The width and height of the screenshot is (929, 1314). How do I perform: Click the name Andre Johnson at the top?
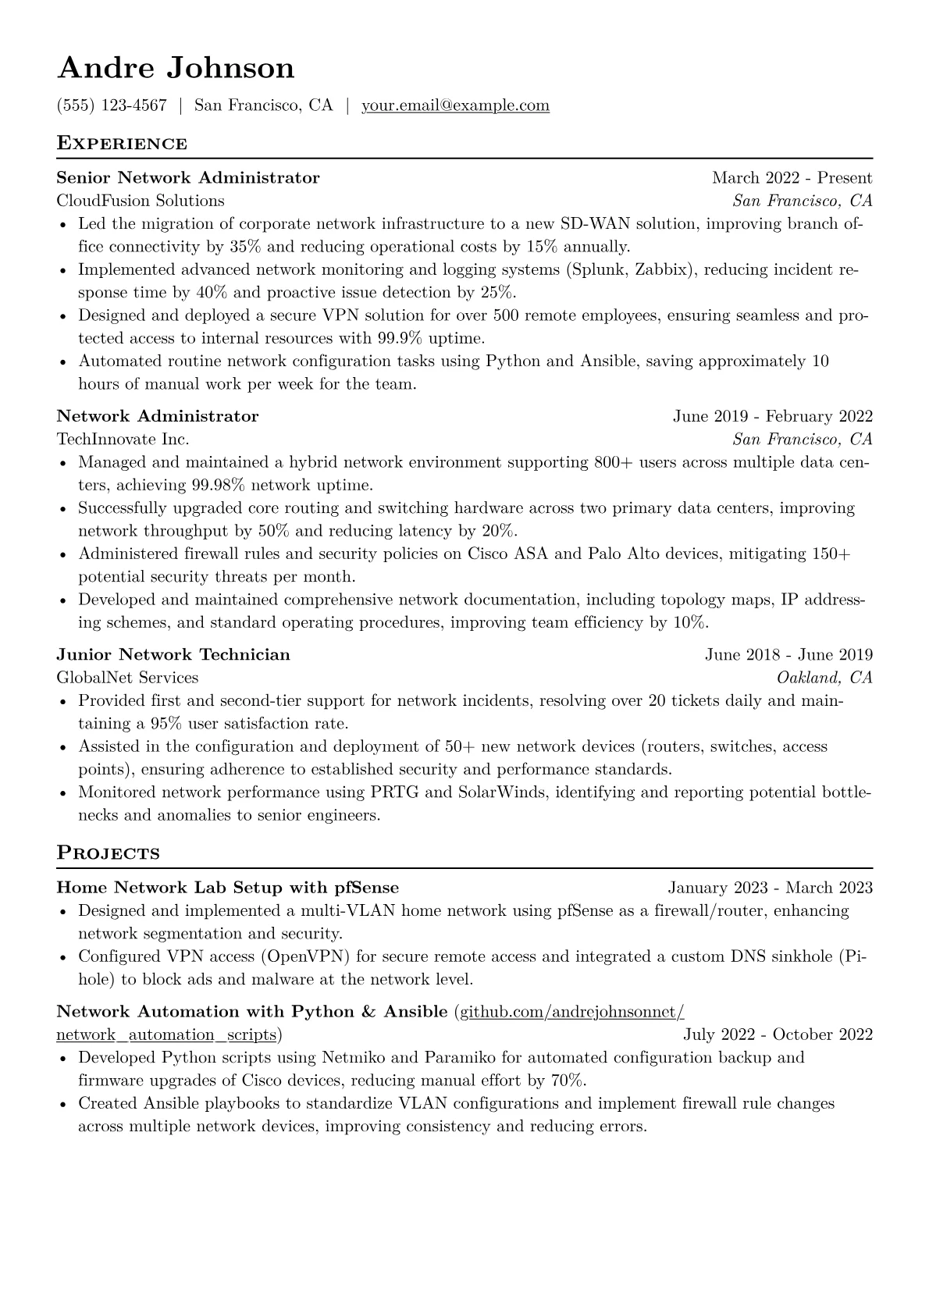click(176, 68)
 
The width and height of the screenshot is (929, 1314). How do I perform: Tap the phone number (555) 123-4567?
click(112, 105)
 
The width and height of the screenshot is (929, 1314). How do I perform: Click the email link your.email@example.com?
click(455, 105)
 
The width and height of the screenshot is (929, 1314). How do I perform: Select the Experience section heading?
click(122, 144)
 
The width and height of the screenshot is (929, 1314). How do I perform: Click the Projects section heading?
click(108, 853)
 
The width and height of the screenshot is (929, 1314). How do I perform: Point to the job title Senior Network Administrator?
click(188, 178)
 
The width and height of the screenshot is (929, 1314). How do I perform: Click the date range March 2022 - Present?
click(792, 178)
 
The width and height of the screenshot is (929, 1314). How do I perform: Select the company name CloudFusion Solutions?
click(141, 201)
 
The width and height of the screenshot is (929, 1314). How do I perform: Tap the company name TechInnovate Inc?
click(123, 439)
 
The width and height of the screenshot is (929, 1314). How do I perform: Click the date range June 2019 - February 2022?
click(772, 416)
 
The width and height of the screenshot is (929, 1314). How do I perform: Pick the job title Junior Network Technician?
click(173, 654)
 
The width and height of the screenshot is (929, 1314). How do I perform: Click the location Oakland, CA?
click(824, 677)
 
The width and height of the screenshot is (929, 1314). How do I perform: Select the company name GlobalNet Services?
click(127, 677)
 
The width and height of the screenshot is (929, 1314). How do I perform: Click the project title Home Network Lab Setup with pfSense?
click(228, 888)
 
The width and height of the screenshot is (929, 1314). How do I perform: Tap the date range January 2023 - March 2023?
click(770, 888)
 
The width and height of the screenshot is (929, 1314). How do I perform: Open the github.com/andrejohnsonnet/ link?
click(571, 1012)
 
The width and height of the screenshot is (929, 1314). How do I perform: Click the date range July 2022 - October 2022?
click(778, 1034)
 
